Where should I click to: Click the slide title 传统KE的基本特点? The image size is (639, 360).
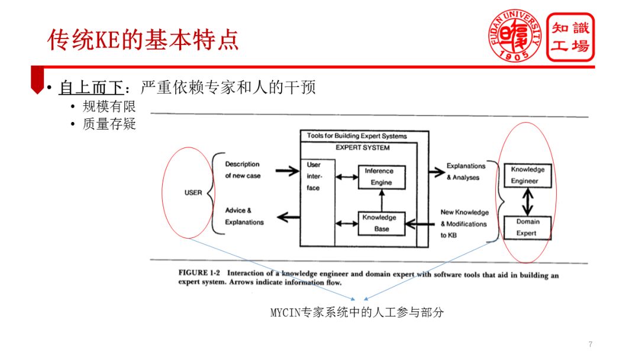(x=143, y=40)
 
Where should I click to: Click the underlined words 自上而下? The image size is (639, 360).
(x=91, y=88)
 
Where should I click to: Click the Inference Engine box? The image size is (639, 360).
(x=382, y=177)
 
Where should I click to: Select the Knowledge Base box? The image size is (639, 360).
(x=382, y=223)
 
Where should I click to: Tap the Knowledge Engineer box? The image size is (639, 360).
(x=528, y=175)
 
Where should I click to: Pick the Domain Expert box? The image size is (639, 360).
(x=527, y=228)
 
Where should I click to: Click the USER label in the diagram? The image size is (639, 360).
(x=193, y=192)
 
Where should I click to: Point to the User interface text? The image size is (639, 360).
(x=314, y=176)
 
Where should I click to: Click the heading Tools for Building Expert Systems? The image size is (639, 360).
(x=357, y=136)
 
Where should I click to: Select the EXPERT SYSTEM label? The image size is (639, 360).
(x=362, y=147)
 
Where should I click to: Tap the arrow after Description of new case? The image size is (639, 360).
(x=287, y=171)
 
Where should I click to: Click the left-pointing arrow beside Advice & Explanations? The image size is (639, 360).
(x=288, y=217)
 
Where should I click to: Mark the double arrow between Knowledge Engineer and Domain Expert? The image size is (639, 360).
(x=527, y=202)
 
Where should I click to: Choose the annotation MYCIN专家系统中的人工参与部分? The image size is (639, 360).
(x=357, y=313)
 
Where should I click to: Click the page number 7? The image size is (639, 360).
(x=590, y=345)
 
